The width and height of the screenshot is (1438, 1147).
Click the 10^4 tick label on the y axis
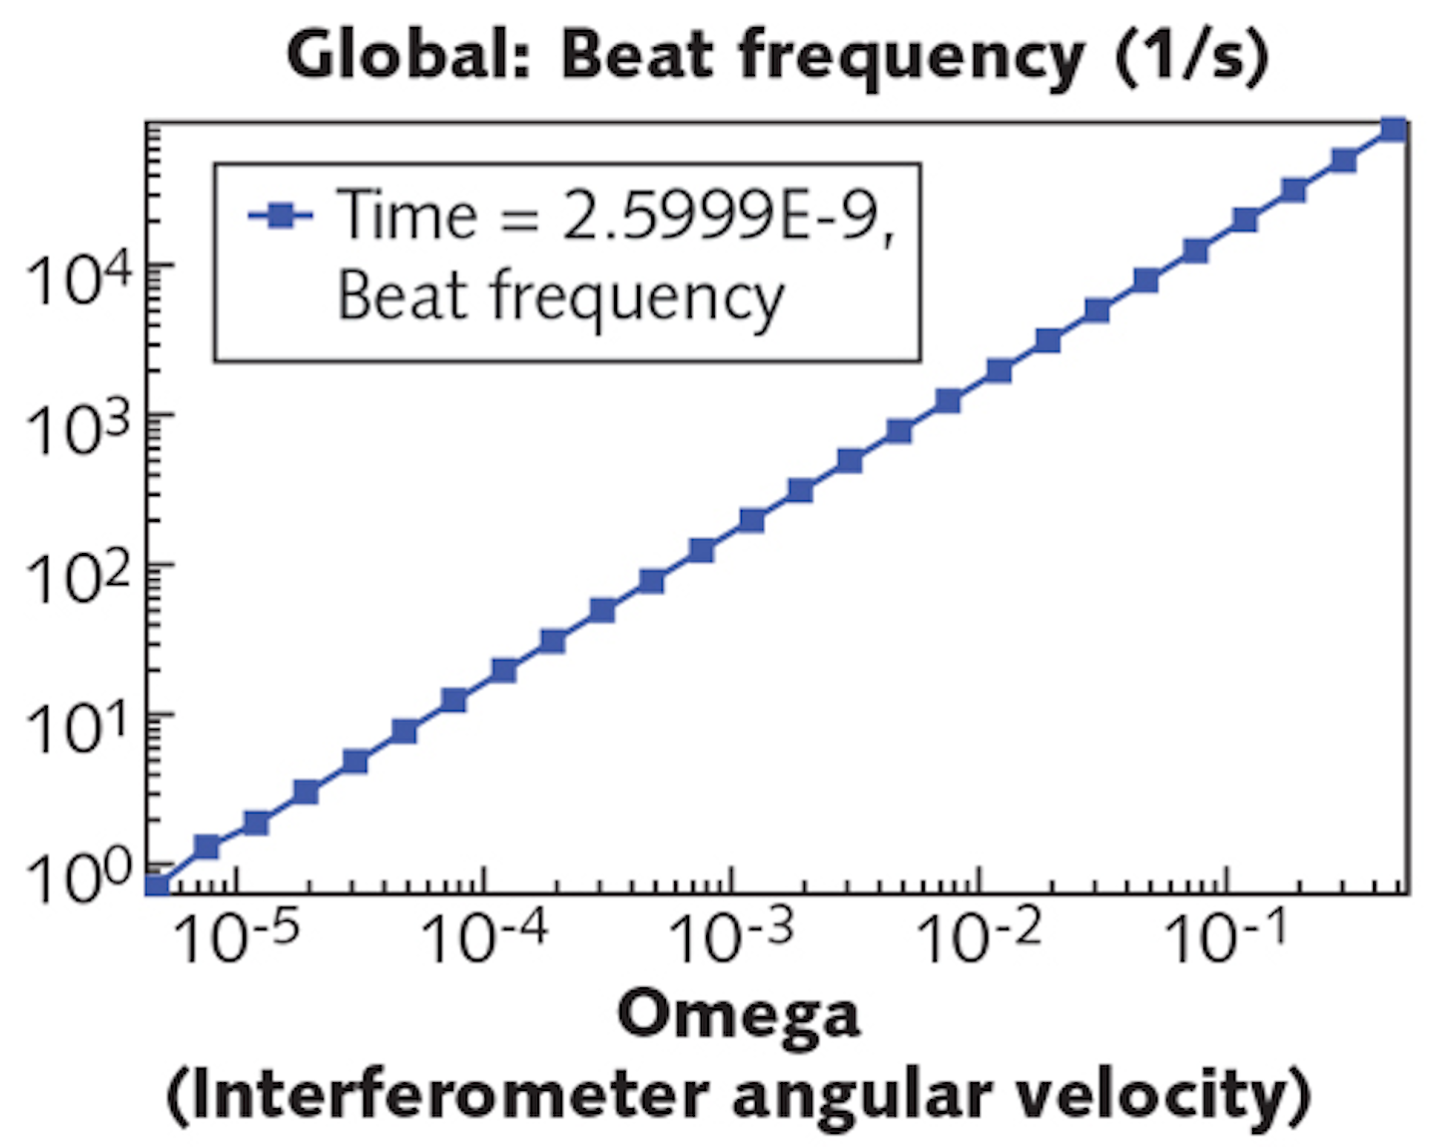click(78, 280)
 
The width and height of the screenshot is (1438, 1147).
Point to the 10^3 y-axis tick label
click(78, 429)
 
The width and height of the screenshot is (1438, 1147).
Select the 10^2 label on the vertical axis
click(78, 579)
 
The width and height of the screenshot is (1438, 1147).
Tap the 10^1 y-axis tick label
click(78, 729)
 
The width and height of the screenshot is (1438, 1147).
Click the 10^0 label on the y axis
click(78, 878)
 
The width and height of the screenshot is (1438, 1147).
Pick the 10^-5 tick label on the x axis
click(236, 938)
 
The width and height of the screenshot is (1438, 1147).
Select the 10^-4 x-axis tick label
click(484, 938)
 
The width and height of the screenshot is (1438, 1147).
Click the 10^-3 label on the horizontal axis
click(731, 938)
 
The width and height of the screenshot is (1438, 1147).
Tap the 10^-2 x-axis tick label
click(979, 938)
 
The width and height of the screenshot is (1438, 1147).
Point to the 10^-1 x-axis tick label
click(1226, 938)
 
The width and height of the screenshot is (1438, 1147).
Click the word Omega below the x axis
click(738, 1015)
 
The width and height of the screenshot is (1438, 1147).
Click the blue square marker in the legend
click(281, 215)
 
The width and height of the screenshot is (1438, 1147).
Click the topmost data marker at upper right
click(1393, 130)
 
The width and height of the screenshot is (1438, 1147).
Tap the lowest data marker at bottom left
click(157, 883)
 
